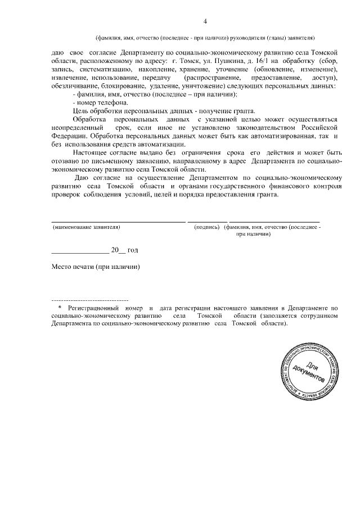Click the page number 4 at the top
205,21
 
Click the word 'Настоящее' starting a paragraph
93,152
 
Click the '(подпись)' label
206,227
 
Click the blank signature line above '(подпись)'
207,222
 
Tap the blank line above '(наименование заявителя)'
118,222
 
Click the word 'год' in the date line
133,249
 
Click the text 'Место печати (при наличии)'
95,267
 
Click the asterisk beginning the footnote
60,309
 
